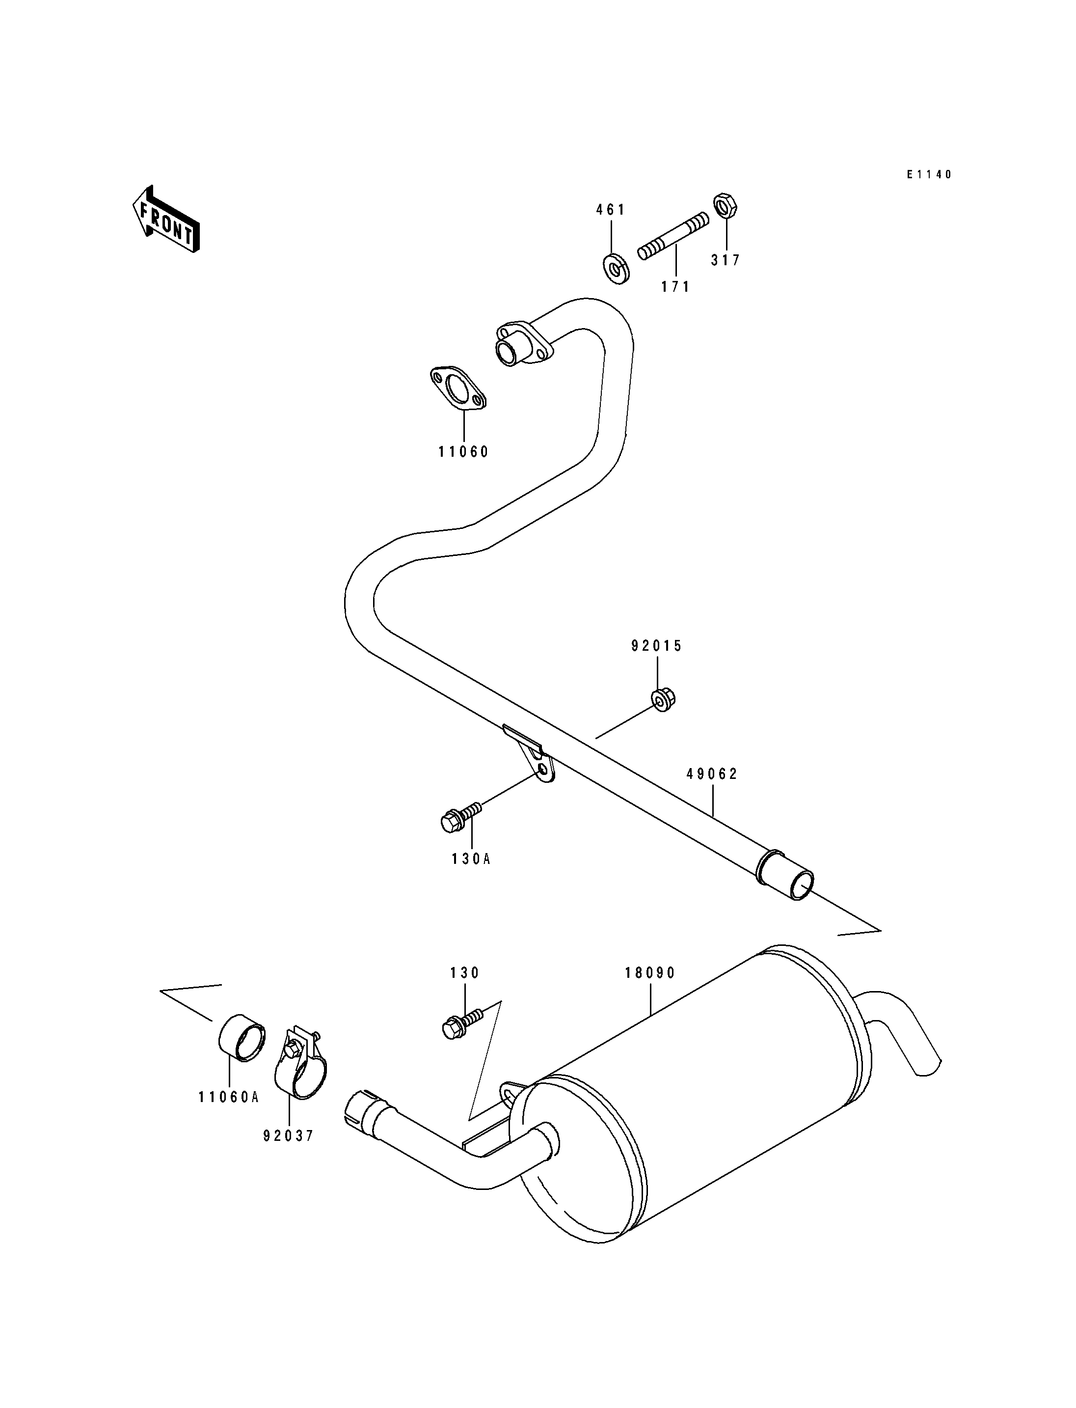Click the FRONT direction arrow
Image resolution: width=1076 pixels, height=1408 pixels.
166,219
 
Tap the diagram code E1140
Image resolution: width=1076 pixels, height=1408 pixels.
929,174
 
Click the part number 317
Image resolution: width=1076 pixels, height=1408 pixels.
726,260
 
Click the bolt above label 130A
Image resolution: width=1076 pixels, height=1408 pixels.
460,818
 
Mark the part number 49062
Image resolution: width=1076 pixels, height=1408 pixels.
712,774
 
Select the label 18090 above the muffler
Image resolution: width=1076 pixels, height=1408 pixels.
650,973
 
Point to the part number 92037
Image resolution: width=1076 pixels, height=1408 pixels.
288,1136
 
